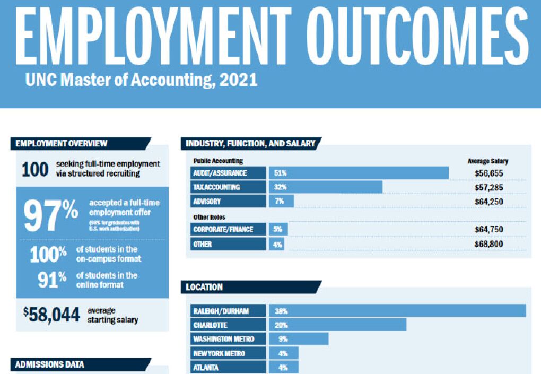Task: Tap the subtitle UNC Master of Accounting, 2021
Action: (x=141, y=80)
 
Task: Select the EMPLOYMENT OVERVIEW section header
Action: (x=62, y=143)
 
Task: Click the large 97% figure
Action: (x=51, y=214)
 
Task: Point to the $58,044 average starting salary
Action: (x=51, y=315)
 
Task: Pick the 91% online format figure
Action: (x=50, y=280)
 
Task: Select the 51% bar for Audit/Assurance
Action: (x=359, y=173)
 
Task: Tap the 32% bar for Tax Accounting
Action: (x=325, y=187)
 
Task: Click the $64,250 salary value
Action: (x=488, y=202)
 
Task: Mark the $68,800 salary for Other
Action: (x=488, y=244)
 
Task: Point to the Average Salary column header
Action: (x=487, y=161)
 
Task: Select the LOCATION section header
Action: (x=205, y=287)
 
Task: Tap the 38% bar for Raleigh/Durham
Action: (x=397, y=311)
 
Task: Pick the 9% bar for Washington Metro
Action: (x=299, y=339)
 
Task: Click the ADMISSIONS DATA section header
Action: (x=49, y=364)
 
